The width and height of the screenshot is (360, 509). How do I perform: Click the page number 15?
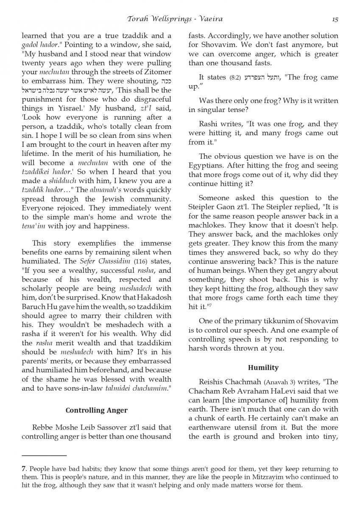click(335, 19)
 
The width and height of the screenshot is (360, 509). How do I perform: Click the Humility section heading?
click(263, 367)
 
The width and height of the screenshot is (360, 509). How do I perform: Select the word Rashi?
click(209, 124)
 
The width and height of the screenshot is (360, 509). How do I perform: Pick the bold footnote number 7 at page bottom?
click(23, 469)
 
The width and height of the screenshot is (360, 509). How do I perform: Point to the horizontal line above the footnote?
click(44, 455)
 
